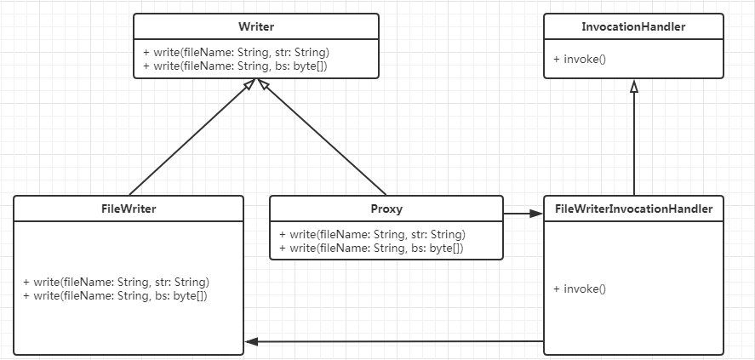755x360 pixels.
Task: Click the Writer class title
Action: click(x=256, y=26)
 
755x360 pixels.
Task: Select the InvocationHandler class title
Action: click(x=633, y=26)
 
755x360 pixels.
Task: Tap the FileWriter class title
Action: click(x=129, y=209)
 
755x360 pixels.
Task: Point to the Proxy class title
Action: click(x=386, y=209)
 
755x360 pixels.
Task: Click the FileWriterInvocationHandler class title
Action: click(x=633, y=209)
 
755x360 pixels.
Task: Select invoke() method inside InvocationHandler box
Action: click(x=580, y=60)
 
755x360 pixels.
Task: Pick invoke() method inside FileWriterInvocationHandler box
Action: click(x=580, y=289)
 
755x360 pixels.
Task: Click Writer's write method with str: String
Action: click(x=237, y=52)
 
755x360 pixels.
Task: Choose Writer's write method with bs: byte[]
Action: click(x=236, y=66)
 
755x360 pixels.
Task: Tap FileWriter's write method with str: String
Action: click(x=116, y=282)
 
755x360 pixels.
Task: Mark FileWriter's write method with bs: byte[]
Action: click(x=115, y=295)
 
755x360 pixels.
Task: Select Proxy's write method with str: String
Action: click(x=373, y=234)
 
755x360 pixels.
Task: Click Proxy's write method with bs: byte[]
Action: click(x=371, y=249)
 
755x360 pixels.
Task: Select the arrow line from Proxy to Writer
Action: click(x=322, y=137)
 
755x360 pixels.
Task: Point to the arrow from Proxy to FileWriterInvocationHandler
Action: click(x=523, y=214)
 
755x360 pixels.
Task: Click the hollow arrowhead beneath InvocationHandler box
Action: click(x=634, y=86)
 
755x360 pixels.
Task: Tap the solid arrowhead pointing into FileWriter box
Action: click(x=251, y=342)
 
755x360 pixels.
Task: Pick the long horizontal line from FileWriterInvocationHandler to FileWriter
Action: click(x=394, y=342)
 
